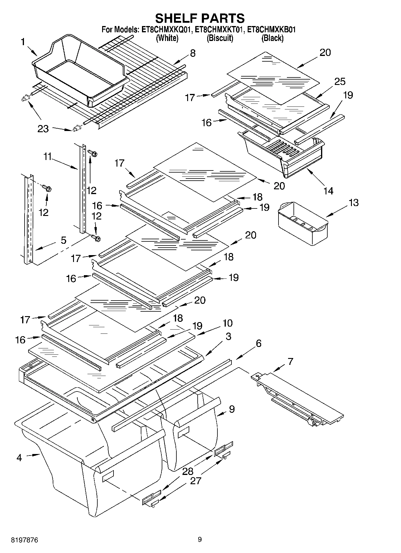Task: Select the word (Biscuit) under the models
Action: [220, 38]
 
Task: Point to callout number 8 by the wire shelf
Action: [193, 53]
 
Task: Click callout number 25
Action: [340, 81]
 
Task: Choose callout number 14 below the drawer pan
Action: [329, 191]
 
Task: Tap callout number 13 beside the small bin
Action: [353, 202]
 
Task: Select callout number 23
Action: [43, 129]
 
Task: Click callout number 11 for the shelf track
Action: [47, 156]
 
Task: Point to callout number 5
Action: [63, 240]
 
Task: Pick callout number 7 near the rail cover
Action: [290, 361]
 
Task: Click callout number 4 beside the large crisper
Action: [19, 458]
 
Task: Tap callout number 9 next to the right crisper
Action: [231, 409]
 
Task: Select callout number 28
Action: [188, 472]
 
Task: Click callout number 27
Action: [196, 481]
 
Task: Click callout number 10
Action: [227, 323]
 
